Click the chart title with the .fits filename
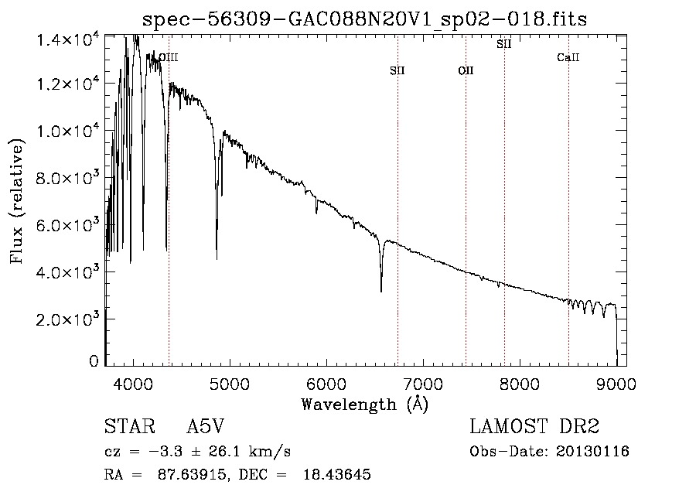(x=364, y=19)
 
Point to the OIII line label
(x=169, y=57)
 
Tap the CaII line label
(x=568, y=57)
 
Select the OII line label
(x=466, y=70)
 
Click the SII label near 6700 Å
(x=397, y=70)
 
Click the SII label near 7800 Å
(x=503, y=44)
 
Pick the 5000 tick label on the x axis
(x=230, y=384)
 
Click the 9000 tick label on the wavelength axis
(x=616, y=384)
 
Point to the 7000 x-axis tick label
(x=423, y=384)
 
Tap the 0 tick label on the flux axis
(x=94, y=361)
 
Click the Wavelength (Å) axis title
(x=365, y=405)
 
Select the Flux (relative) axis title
(x=16, y=201)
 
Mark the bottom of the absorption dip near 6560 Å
(x=381, y=291)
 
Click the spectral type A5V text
(x=206, y=426)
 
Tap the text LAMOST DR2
(x=534, y=426)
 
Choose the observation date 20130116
(x=592, y=452)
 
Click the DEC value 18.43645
(x=337, y=474)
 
